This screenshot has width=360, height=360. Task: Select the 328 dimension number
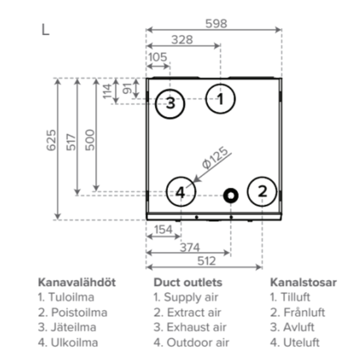[x=182, y=39]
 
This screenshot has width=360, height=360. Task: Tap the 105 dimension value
[x=158, y=56]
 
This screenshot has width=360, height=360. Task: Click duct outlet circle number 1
[x=220, y=99]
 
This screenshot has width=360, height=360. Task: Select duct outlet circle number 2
[x=263, y=191]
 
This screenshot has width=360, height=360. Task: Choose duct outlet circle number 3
[x=170, y=102]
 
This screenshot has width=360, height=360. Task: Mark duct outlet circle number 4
[x=181, y=192]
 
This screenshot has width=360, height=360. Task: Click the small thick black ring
[x=231, y=194]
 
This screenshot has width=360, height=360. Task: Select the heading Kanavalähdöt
[x=76, y=282]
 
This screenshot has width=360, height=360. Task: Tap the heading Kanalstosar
[x=303, y=282]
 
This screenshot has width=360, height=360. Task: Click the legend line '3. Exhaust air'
[x=190, y=327]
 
